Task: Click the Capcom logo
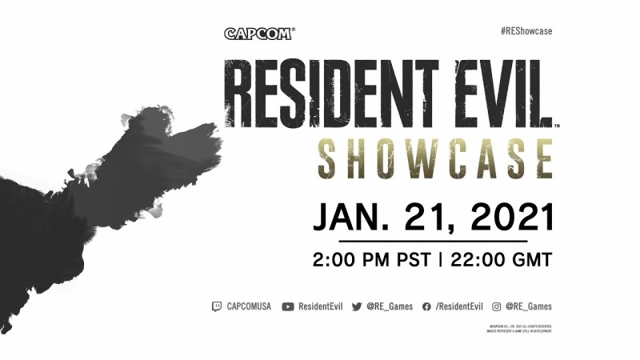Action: pos(259,34)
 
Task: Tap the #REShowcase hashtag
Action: pos(526,31)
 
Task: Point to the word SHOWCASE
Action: pos(434,158)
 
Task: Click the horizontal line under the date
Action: pos(433,240)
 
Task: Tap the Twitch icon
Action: pos(217,306)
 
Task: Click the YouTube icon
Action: pos(288,306)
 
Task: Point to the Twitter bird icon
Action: pos(357,306)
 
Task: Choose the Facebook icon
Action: pos(426,306)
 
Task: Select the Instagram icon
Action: pos(497,306)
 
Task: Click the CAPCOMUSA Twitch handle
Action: pos(249,306)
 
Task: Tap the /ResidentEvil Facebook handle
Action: pos(459,306)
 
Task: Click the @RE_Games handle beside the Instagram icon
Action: pos(528,306)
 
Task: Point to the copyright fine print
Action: pos(519,328)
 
